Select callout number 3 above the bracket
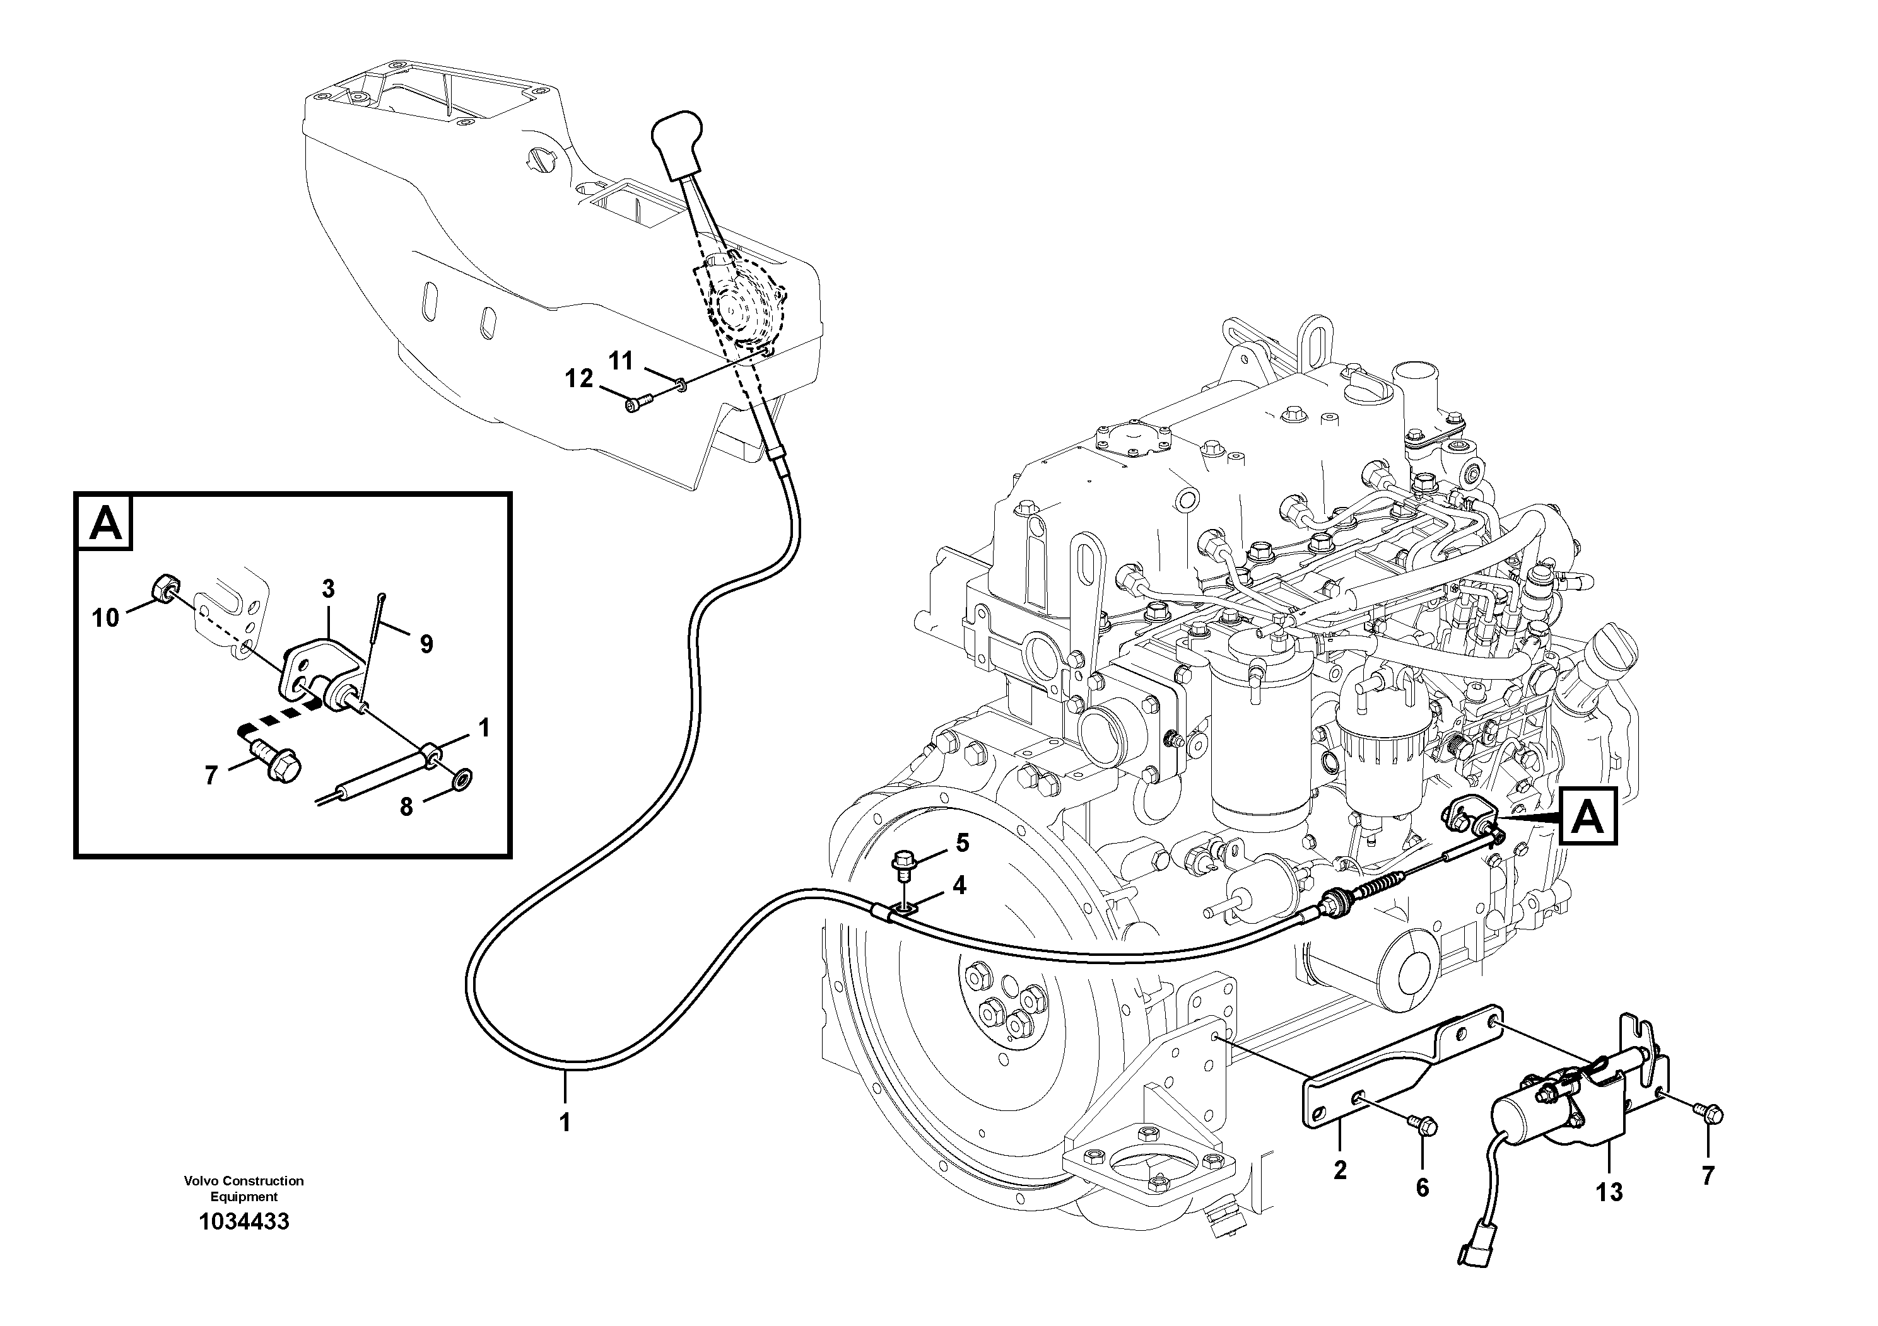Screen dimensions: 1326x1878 [x=328, y=588]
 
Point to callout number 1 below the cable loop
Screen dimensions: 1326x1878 [x=565, y=1122]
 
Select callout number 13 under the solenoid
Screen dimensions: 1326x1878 [x=1609, y=1192]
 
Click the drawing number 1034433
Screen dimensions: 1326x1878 [x=244, y=1223]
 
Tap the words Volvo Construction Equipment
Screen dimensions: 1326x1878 [x=244, y=1189]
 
